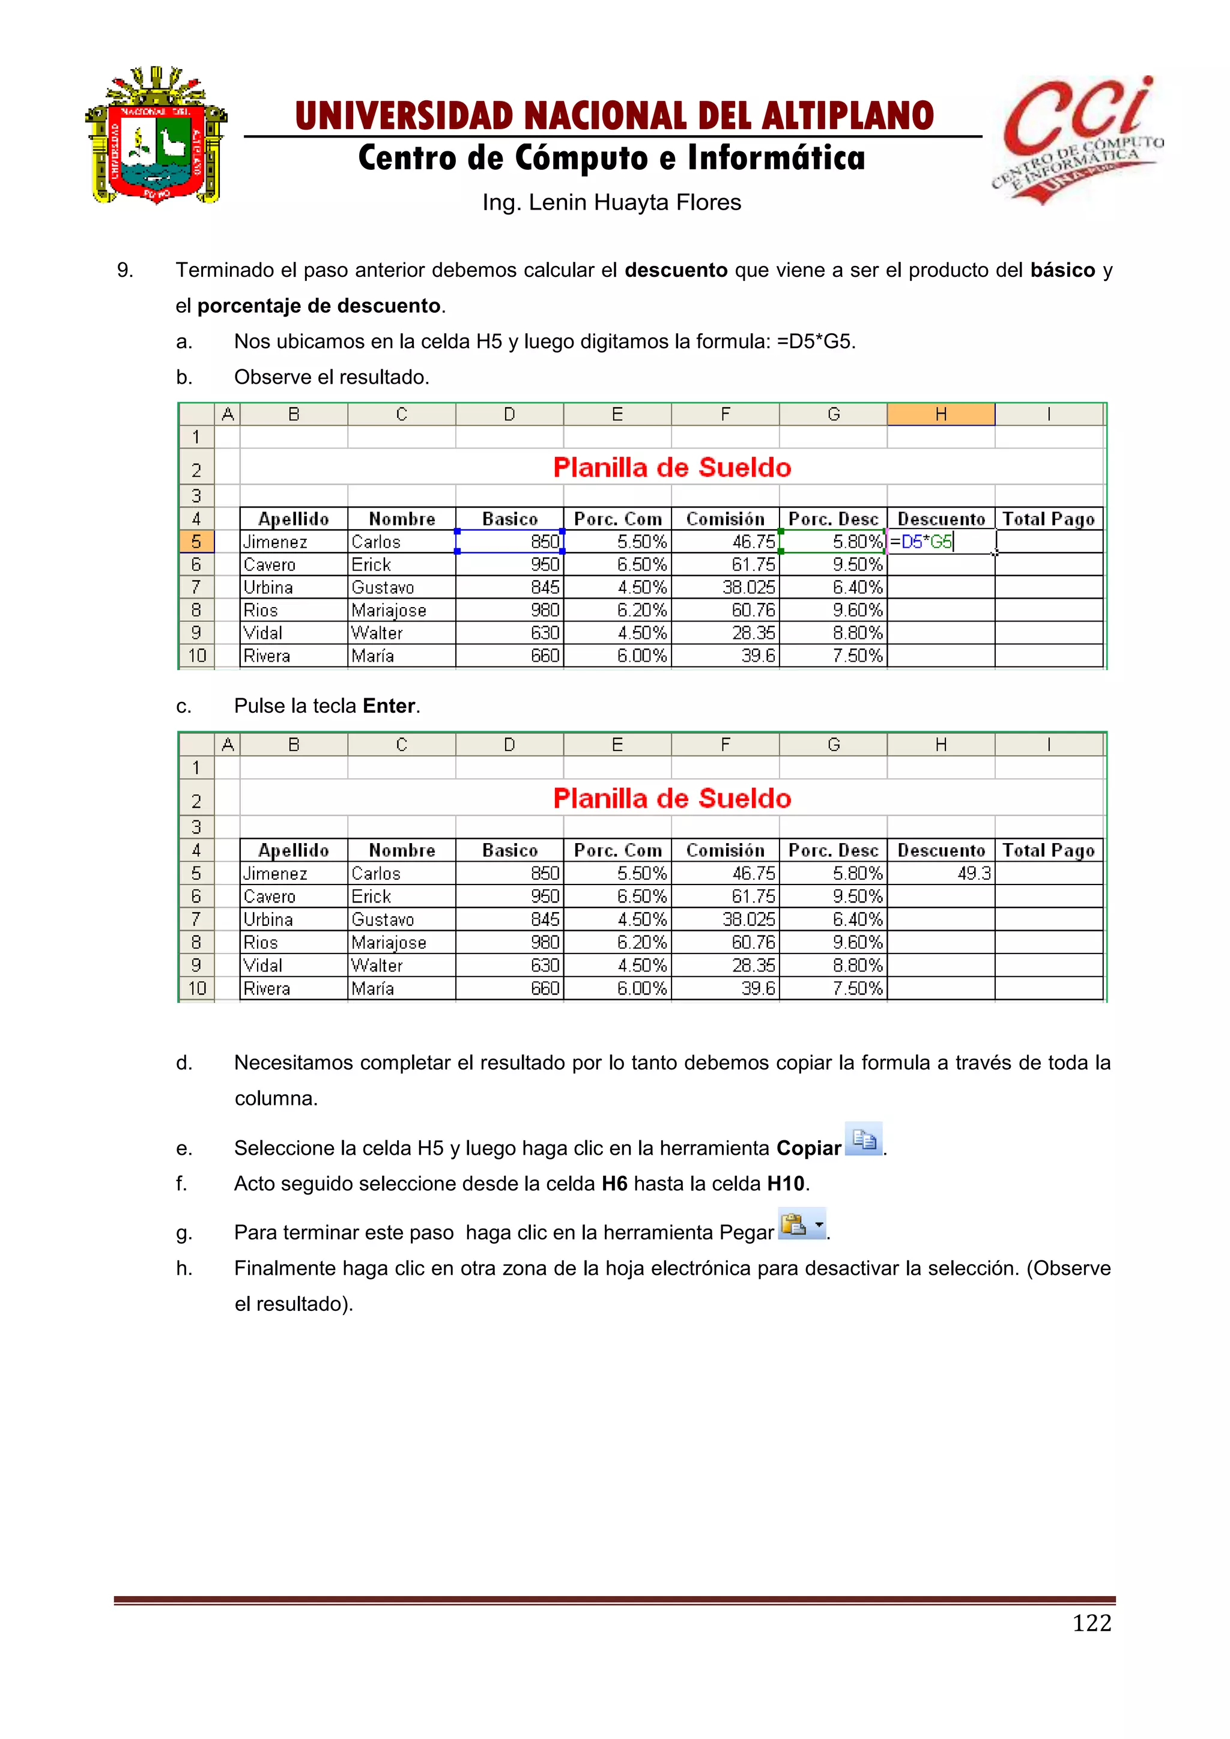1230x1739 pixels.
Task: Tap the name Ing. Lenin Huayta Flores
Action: click(x=611, y=202)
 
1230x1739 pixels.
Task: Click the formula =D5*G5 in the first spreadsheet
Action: click(x=921, y=542)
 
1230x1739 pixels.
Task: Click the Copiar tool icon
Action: click(x=864, y=1139)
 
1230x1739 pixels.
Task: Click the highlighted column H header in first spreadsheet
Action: click(x=941, y=414)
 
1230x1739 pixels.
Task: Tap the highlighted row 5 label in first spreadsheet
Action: click(x=196, y=542)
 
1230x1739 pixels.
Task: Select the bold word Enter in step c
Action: click(x=389, y=706)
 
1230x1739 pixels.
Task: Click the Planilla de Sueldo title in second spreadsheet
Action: click(x=672, y=798)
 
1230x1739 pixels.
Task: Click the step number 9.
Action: click(x=125, y=270)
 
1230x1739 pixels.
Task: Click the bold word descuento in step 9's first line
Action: click(x=676, y=270)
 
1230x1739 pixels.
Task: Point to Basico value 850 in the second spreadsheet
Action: click(x=545, y=873)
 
